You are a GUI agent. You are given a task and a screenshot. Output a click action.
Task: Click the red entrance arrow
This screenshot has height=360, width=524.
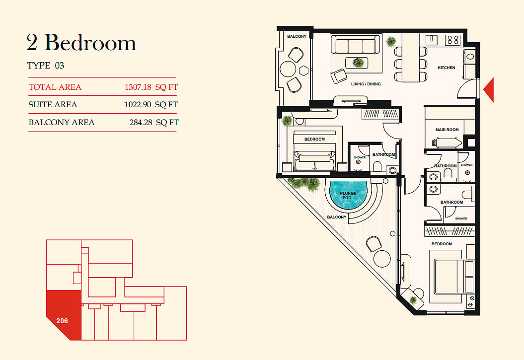tap(489, 89)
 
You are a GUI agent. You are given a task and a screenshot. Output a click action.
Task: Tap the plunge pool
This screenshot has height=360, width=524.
tap(348, 195)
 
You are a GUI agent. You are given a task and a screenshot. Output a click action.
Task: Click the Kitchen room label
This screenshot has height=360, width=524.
tap(447, 68)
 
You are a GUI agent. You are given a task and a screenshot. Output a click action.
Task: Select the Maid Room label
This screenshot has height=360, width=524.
tap(447, 130)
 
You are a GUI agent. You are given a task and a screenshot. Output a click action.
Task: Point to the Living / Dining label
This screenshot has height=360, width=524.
tap(366, 84)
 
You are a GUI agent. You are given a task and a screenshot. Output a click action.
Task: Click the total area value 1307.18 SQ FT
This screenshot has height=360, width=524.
tap(151, 87)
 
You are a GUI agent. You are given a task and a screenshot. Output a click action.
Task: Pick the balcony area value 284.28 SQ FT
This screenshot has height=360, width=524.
tap(154, 122)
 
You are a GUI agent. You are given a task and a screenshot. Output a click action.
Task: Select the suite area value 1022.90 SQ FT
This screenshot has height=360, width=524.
tap(151, 105)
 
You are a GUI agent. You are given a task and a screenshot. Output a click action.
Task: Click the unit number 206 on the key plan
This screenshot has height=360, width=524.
tap(62, 321)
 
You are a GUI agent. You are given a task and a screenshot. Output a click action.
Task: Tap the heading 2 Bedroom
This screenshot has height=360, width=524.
tap(81, 43)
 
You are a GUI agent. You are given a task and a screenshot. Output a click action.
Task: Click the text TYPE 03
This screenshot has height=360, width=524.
tap(46, 65)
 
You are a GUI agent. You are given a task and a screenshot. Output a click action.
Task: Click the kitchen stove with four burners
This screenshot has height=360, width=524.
tap(453, 40)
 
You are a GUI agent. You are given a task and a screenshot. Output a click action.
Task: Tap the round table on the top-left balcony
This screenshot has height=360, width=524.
tap(288, 70)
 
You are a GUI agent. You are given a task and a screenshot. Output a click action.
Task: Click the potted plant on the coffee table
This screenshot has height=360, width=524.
tap(358, 63)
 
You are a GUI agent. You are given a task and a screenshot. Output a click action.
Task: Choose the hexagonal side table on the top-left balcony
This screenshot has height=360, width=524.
tap(303, 71)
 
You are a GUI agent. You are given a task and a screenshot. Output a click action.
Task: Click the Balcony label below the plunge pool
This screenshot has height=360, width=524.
tap(337, 217)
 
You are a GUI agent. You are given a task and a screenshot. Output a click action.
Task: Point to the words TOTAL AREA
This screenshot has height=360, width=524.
tap(55, 87)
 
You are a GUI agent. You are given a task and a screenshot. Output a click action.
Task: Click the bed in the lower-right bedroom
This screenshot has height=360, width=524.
tap(454, 277)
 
